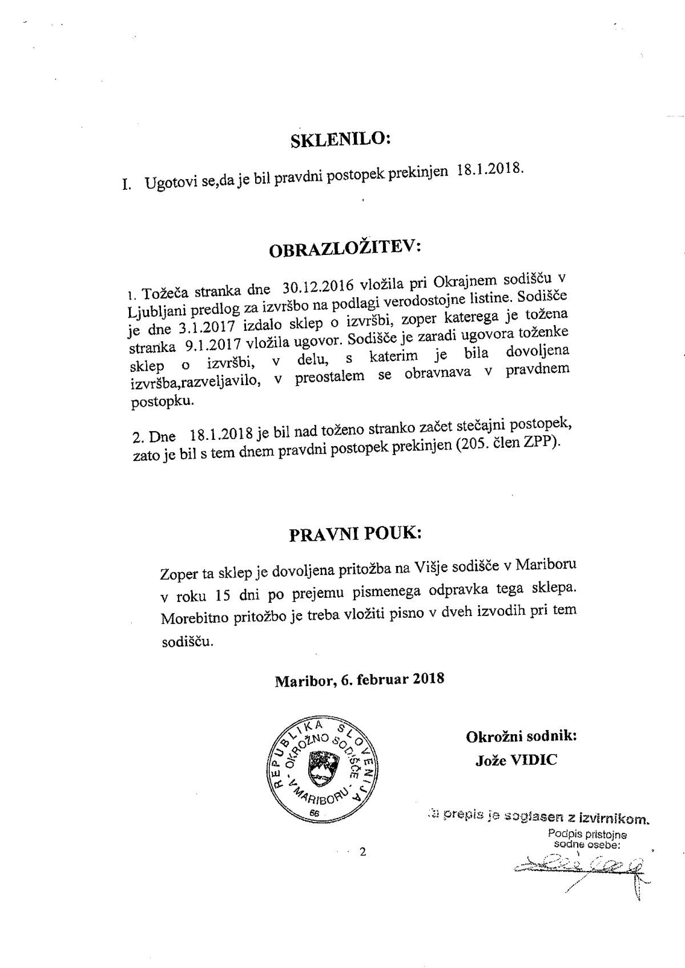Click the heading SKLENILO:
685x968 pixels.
341,140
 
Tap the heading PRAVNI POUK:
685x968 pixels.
356,534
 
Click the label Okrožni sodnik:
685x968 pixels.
521,736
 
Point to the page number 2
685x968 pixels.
361,853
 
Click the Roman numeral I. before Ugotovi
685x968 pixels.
127,186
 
